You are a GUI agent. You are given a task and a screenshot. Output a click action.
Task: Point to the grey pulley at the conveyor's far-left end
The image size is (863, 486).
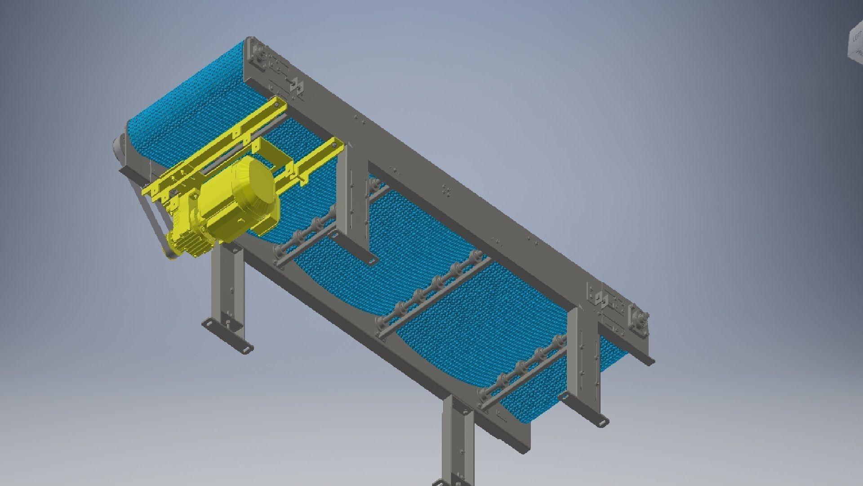(118, 146)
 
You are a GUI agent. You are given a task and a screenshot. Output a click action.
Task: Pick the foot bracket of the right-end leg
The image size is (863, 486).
(597, 421)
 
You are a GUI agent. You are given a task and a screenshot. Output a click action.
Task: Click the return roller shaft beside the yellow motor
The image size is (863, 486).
(310, 229)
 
